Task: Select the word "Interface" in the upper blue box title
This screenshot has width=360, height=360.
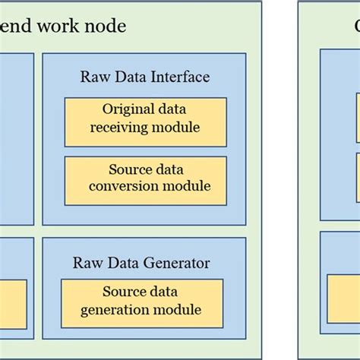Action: pos(178,77)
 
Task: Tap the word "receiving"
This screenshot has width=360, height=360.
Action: pos(120,128)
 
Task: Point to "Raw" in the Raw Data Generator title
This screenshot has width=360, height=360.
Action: pos(86,264)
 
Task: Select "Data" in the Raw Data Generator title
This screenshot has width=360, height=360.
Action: pos(120,264)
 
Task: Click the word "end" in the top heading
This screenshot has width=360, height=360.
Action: pos(21,27)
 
